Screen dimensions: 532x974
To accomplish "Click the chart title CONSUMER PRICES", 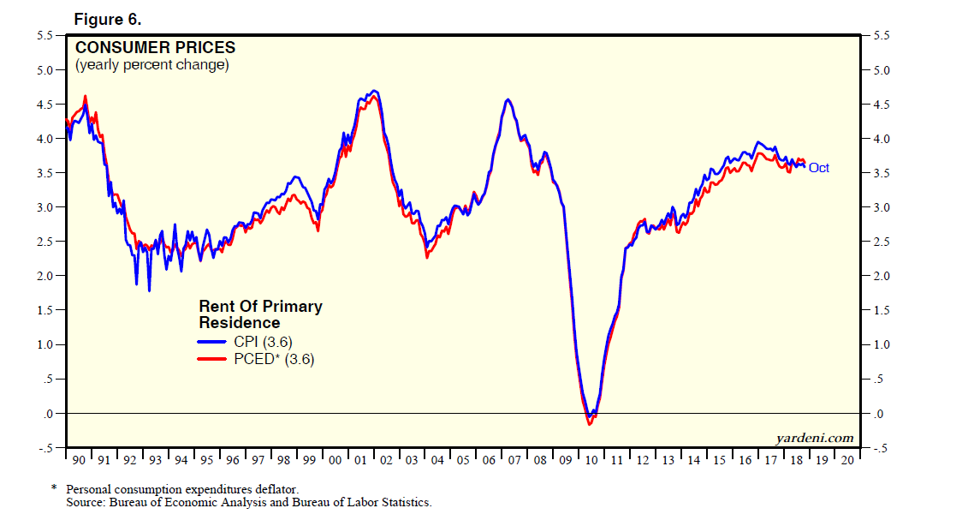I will click(155, 48).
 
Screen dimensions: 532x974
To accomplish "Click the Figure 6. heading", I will click(107, 19).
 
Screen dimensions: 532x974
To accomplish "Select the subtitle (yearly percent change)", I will click(152, 65).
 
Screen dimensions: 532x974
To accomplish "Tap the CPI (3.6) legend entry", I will click(263, 342).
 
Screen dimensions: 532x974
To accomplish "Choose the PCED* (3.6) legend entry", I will click(273, 360).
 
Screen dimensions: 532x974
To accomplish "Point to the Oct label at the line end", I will click(818, 168).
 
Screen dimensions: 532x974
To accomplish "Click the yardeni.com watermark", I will click(814, 438).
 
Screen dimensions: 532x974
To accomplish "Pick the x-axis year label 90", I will click(79, 461).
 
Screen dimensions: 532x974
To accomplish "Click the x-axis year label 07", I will click(514, 461).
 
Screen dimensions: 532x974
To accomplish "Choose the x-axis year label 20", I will click(846, 461).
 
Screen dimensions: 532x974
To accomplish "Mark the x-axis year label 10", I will click(591, 461).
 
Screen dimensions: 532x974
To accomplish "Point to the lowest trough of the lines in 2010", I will click(589, 423).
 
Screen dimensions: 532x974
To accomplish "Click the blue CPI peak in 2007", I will click(508, 100).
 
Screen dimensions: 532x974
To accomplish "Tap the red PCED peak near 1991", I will click(85, 96).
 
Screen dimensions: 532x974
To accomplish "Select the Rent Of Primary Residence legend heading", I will click(260, 314).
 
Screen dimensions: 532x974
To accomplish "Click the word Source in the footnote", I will click(85, 502).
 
